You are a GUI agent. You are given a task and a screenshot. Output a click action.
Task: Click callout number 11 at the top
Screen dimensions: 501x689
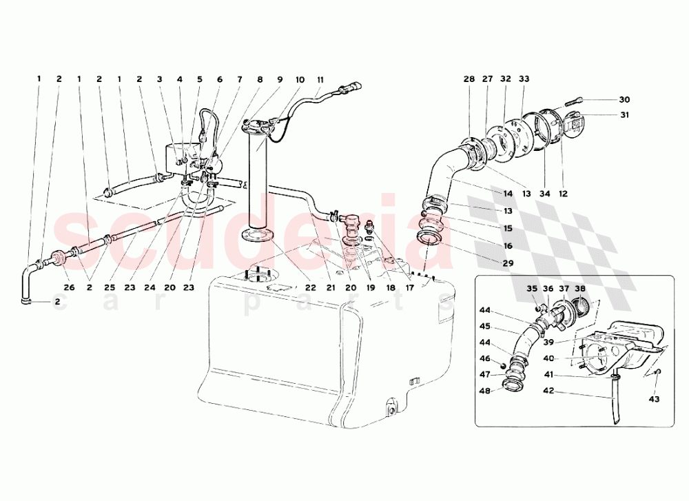(x=320, y=79)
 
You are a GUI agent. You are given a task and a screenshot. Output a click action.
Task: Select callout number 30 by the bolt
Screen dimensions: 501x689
(x=624, y=99)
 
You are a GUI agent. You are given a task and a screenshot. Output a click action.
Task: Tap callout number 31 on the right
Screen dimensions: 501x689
(x=624, y=115)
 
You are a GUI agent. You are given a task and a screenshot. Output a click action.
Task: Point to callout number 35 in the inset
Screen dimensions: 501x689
(x=531, y=289)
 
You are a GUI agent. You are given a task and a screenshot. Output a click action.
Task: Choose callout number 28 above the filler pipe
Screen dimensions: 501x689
(x=469, y=79)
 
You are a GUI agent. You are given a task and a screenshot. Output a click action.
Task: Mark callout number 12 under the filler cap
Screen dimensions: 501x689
(x=564, y=194)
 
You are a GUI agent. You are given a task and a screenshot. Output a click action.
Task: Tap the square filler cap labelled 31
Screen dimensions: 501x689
(x=573, y=123)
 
